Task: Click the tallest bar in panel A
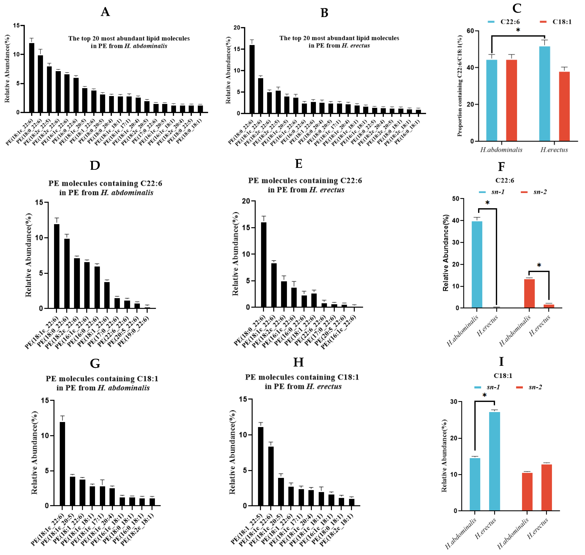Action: coord(31,78)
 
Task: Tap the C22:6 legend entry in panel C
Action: coord(504,22)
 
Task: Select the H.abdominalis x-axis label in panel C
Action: coord(501,150)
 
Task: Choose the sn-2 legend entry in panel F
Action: coord(533,192)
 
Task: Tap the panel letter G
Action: coord(95,363)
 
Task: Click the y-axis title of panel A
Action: coord(7,69)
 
